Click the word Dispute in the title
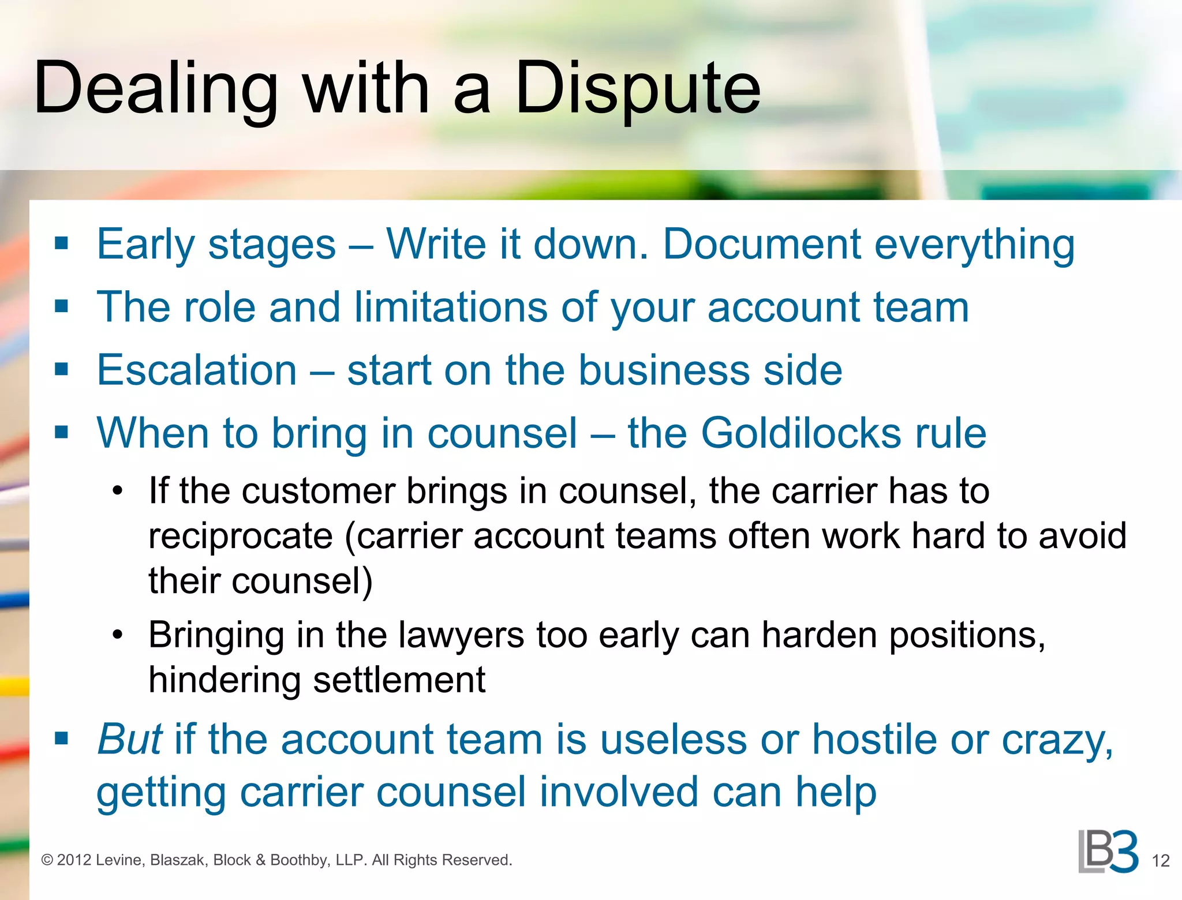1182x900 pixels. point(637,89)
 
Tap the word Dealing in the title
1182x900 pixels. point(156,89)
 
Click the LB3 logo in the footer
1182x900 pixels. point(1108,852)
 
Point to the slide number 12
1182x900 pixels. point(1160,861)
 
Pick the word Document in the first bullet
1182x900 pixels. point(762,244)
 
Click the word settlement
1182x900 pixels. point(399,680)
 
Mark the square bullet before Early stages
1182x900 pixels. point(61,243)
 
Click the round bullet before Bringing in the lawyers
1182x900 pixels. point(118,635)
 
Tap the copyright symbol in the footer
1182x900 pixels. point(47,860)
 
